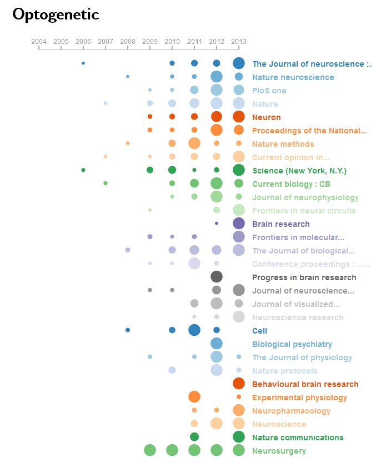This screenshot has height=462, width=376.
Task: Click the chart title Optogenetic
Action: pyautogui.click(x=56, y=15)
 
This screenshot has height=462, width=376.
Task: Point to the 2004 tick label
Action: pyautogui.click(x=39, y=42)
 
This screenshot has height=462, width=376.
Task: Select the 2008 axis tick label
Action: pyautogui.click(x=128, y=42)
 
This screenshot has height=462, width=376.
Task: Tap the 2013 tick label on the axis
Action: pyautogui.click(x=239, y=42)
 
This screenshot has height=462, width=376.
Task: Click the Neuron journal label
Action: pyautogui.click(x=267, y=117)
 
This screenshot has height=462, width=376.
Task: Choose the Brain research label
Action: pyautogui.click(x=281, y=224)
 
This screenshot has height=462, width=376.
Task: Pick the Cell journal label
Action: pyautogui.click(x=260, y=331)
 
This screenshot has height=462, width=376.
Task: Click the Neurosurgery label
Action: pyautogui.click(x=279, y=451)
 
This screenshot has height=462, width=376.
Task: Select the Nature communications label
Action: pyautogui.click(x=298, y=438)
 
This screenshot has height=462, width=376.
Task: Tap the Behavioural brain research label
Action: pyautogui.click(x=305, y=384)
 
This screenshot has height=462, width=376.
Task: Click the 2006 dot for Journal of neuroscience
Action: pyautogui.click(x=83, y=63)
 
